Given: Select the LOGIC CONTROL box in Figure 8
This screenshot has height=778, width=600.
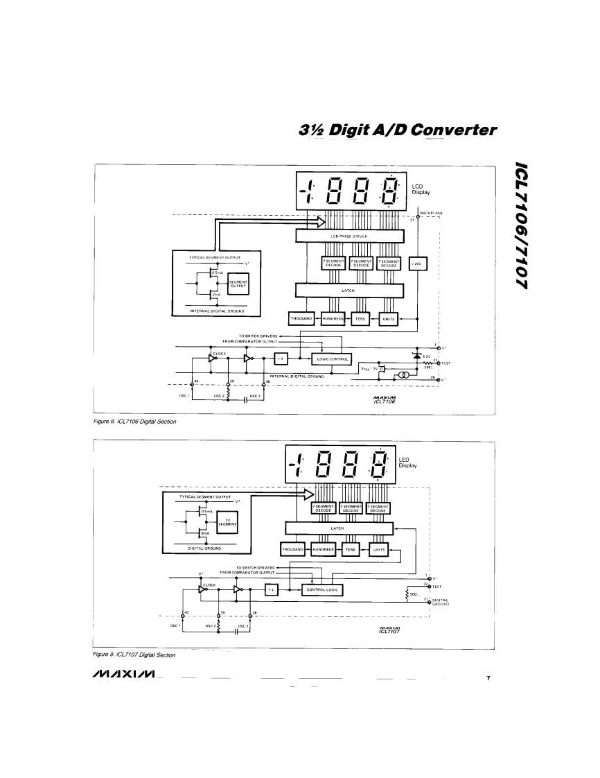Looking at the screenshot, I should point(333,358).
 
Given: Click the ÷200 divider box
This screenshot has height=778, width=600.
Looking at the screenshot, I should point(419,265).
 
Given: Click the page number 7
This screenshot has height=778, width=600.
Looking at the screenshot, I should point(488,677).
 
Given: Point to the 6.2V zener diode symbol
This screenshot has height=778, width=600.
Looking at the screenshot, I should point(417,356).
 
